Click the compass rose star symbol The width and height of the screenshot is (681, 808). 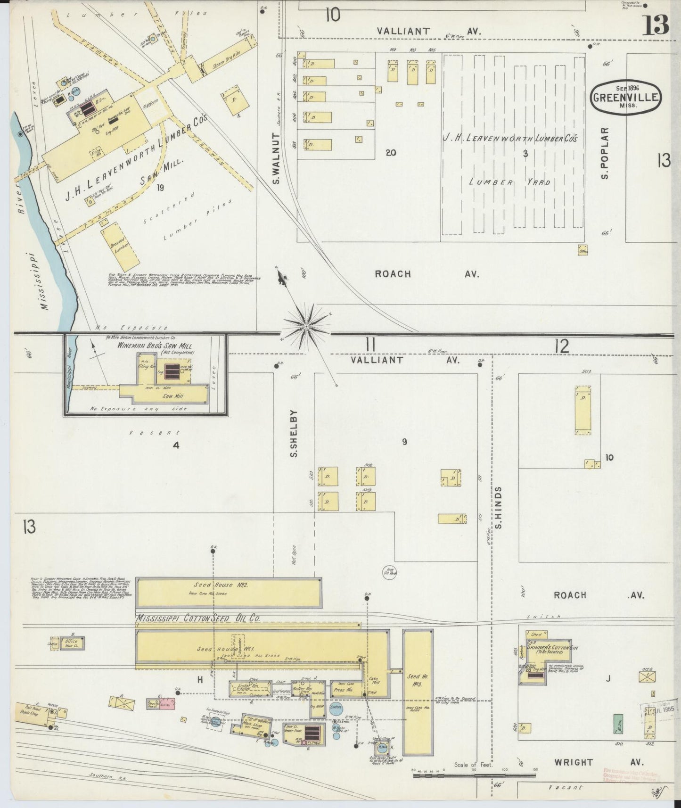307,325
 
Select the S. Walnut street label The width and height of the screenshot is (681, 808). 277,158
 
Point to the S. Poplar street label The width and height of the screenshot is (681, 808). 605,153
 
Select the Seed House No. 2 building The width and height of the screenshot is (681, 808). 228,592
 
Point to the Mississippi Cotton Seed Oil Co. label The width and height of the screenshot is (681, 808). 198,618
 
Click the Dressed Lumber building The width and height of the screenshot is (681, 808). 121,246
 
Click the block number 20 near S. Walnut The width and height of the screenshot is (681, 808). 390,152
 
